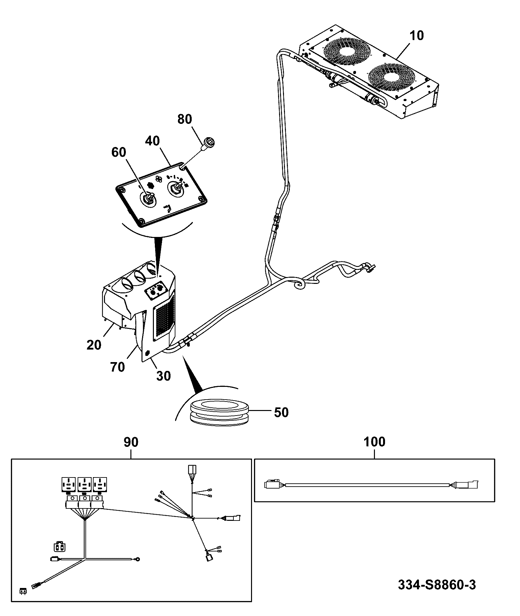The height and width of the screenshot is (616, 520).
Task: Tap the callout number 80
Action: pyautogui.click(x=185, y=119)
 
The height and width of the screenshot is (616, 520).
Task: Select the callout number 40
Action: pyautogui.click(x=152, y=141)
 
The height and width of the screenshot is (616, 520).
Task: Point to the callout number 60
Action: pyautogui.click(x=119, y=152)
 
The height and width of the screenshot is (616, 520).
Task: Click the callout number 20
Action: pyautogui.click(x=94, y=345)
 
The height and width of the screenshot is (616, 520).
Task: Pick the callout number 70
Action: pyautogui.click(x=117, y=367)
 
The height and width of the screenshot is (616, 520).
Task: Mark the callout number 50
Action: pyautogui.click(x=281, y=412)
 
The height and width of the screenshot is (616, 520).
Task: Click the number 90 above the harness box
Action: pyautogui.click(x=131, y=442)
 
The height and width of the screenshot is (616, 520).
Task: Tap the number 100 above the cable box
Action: pyautogui.click(x=374, y=442)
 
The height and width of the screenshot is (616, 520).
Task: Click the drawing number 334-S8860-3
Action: pyautogui.click(x=437, y=585)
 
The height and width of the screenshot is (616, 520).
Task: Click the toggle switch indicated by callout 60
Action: pyautogui.click(x=148, y=198)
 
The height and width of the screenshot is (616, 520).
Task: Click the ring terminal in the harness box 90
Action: pyautogui.click(x=138, y=560)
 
